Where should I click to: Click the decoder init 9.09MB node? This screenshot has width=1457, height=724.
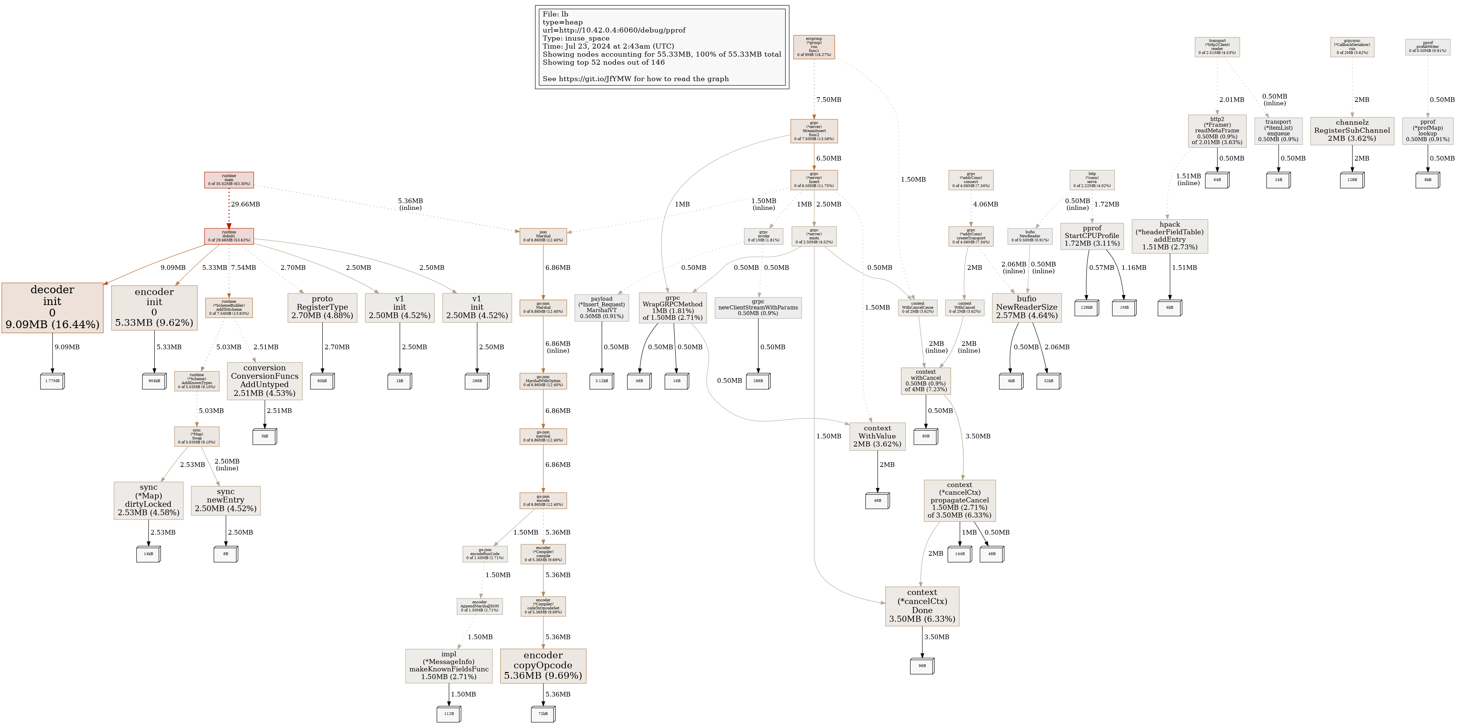52,307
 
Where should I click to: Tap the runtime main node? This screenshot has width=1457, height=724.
229,180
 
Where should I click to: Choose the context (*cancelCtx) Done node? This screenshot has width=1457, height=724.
922,606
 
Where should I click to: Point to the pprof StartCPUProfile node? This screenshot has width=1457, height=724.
1092,236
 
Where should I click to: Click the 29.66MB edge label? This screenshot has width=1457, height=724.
245,204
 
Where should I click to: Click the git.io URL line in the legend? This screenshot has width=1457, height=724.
635,79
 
